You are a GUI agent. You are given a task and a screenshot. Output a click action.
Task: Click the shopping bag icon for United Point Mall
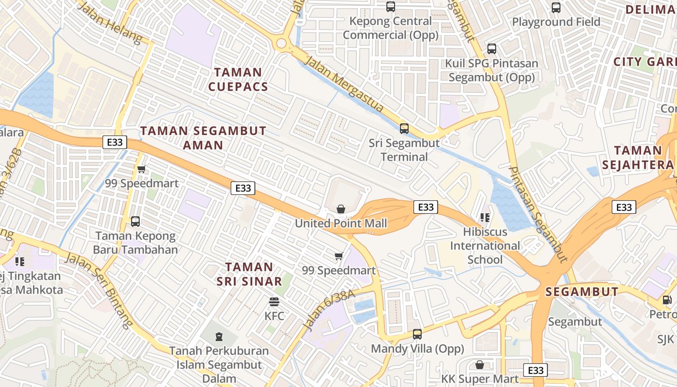pos(341,209)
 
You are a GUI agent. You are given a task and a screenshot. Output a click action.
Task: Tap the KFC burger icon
pos(274,302)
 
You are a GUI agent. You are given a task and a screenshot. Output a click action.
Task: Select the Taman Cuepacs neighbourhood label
pos(241,79)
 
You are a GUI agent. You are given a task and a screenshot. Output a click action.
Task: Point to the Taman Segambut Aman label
pos(203,138)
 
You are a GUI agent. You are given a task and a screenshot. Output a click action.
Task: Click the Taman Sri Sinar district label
pos(249,274)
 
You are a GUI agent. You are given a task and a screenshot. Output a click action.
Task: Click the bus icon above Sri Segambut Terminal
pos(404,129)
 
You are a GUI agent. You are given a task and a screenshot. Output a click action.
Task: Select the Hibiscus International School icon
pos(485,218)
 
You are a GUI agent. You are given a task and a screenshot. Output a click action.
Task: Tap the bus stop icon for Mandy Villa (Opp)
pos(417,334)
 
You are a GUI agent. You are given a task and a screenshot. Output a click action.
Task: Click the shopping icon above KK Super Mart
pos(480,365)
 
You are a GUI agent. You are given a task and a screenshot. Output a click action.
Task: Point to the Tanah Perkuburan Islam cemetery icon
pos(219,336)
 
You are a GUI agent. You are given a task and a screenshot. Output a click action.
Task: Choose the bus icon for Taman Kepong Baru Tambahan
pos(135,222)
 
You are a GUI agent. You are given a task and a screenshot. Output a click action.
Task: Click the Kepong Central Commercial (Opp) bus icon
pos(391,7)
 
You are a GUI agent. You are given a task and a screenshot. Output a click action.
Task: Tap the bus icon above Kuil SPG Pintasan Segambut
pos(492,49)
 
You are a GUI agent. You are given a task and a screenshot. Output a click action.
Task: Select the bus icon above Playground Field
pos(556,8)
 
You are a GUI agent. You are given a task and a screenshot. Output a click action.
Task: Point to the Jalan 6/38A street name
pos(329,310)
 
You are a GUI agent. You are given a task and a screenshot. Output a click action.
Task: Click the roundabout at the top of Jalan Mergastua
pos(281,44)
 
